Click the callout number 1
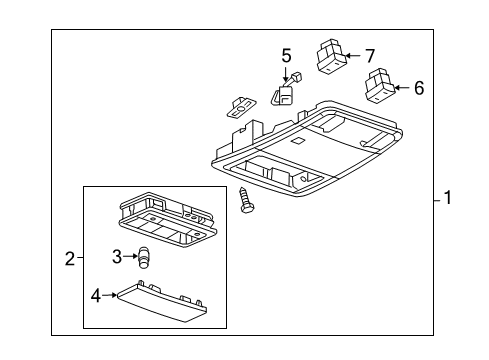[x=448, y=198]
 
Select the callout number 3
[x=117, y=257]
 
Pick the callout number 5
[x=286, y=55]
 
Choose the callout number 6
[x=418, y=88]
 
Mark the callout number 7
[x=369, y=55]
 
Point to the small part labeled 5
[x=283, y=94]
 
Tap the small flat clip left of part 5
[x=240, y=104]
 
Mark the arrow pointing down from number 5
[x=286, y=73]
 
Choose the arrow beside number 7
[x=353, y=56]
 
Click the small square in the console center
[x=298, y=142]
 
